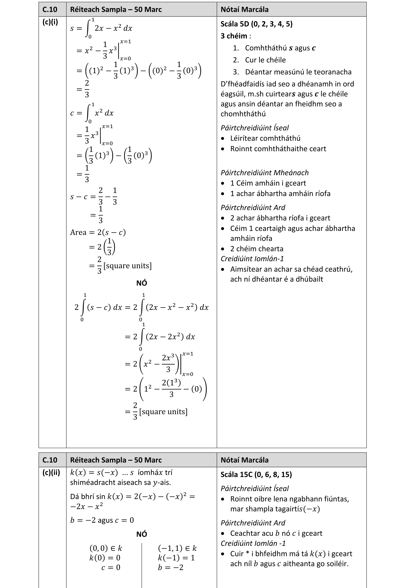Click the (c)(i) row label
(x=50, y=22)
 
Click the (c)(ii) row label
(x=51, y=473)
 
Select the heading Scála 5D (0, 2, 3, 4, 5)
(x=256, y=24)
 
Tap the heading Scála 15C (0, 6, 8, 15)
(x=256, y=474)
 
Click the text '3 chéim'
(x=234, y=36)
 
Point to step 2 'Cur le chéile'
(x=265, y=60)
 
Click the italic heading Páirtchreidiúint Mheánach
(x=265, y=173)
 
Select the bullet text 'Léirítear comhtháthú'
(x=265, y=138)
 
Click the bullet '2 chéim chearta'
(x=256, y=249)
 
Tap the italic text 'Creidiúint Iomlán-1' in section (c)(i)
(x=252, y=259)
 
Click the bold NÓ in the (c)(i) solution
(x=142, y=283)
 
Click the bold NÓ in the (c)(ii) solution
(x=142, y=534)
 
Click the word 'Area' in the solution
(x=78, y=233)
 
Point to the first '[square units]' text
(x=127, y=266)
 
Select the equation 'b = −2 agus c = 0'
(x=102, y=520)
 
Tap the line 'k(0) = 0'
(x=105, y=558)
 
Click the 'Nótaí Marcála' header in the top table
(x=244, y=9)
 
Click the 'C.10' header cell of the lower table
(x=50, y=460)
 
